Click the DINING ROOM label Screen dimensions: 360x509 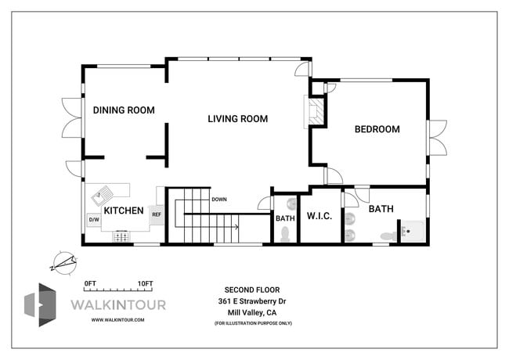[124, 110]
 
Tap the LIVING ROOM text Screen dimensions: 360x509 [237, 119]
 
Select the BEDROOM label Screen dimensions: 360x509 [377, 129]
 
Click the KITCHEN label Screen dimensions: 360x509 [124, 211]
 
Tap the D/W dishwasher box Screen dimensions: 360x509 [93, 220]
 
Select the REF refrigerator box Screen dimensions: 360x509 [157, 214]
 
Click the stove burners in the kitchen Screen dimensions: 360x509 [121, 235]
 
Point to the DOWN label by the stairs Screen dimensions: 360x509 [219, 200]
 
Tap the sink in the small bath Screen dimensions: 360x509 [291, 204]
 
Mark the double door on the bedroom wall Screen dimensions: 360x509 [435, 137]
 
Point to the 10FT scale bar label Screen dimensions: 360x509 [144, 283]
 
